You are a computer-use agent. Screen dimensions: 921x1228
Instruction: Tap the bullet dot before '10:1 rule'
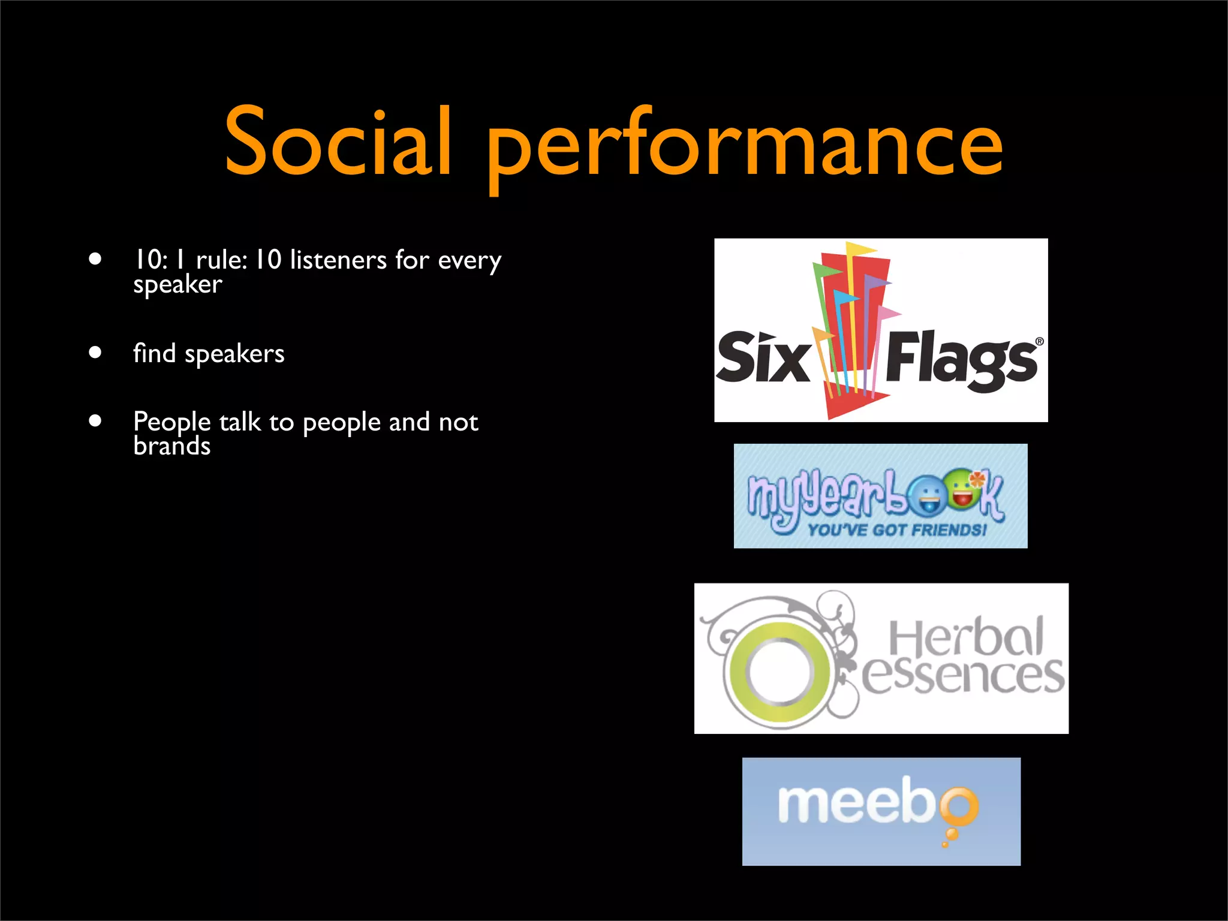click(x=95, y=259)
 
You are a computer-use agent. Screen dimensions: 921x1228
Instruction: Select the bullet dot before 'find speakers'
click(x=95, y=352)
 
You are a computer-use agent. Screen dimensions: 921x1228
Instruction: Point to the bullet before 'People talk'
click(x=95, y=420)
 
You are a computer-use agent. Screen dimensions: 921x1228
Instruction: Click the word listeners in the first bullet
click(x=338, y=260)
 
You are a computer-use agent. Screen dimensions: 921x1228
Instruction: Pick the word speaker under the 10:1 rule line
click(x=177, y=284)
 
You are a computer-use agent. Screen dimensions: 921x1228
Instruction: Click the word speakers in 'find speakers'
click(x=234, y=354)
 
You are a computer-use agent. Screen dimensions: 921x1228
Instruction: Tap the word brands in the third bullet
click(x=172, y=446)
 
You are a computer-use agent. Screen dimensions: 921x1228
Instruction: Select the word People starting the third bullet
click(x=172, y=422)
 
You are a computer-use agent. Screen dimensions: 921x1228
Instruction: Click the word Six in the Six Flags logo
click(x=763, y=357)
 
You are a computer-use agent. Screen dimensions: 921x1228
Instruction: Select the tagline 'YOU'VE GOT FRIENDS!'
click(x=897, y=530)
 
